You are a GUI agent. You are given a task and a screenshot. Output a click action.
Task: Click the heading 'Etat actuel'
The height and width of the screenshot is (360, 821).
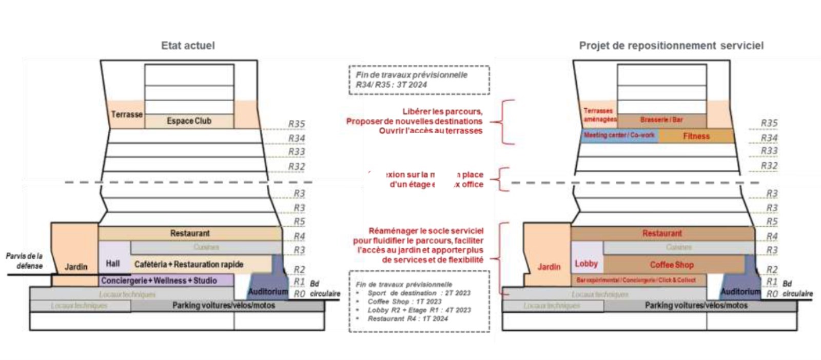click(188, 46)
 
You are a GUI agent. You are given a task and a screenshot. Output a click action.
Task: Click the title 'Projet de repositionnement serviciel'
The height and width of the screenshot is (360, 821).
click(671, 46)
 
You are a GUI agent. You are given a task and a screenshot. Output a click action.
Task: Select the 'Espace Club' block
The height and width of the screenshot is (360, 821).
click(189, 121)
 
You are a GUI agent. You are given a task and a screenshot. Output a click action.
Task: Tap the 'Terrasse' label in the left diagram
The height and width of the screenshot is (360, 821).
click(127, 114)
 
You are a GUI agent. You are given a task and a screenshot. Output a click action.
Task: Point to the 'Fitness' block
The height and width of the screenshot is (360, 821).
click(696, 136)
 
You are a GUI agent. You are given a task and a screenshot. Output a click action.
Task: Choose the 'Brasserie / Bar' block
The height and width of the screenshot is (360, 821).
click(661, 119)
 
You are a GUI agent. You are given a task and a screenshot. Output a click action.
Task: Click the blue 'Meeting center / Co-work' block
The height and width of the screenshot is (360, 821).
click(619, 135)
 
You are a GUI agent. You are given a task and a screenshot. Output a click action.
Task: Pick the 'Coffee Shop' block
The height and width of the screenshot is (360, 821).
click(671, 265)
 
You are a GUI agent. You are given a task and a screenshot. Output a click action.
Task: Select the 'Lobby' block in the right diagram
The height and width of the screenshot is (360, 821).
click(587, 264)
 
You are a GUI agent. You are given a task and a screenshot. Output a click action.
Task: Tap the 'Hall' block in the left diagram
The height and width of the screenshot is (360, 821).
click(113, 264)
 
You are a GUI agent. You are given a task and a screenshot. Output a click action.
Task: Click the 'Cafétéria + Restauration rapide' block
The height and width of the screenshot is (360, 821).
click(189, 264)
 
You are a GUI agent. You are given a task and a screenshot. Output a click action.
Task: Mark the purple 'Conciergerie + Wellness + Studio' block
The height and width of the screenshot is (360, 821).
click(159, 281)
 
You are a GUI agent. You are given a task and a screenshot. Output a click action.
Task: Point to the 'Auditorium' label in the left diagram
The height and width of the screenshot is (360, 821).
click(268, 292)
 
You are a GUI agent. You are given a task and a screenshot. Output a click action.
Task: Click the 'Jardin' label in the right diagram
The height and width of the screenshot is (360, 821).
click(549, 267)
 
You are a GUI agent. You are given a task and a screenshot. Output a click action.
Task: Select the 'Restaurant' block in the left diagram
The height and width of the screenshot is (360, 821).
click(190, 233)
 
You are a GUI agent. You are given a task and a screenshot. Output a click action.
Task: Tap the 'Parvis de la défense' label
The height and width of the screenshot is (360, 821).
click(24, 261)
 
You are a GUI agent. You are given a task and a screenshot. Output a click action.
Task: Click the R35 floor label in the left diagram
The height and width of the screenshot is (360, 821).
click(297, 124)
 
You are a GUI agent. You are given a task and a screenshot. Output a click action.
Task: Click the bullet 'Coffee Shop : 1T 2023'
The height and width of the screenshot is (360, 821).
click(404, 302)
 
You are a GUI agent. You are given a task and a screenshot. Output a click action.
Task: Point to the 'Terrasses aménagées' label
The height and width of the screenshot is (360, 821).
click(599, 115)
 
